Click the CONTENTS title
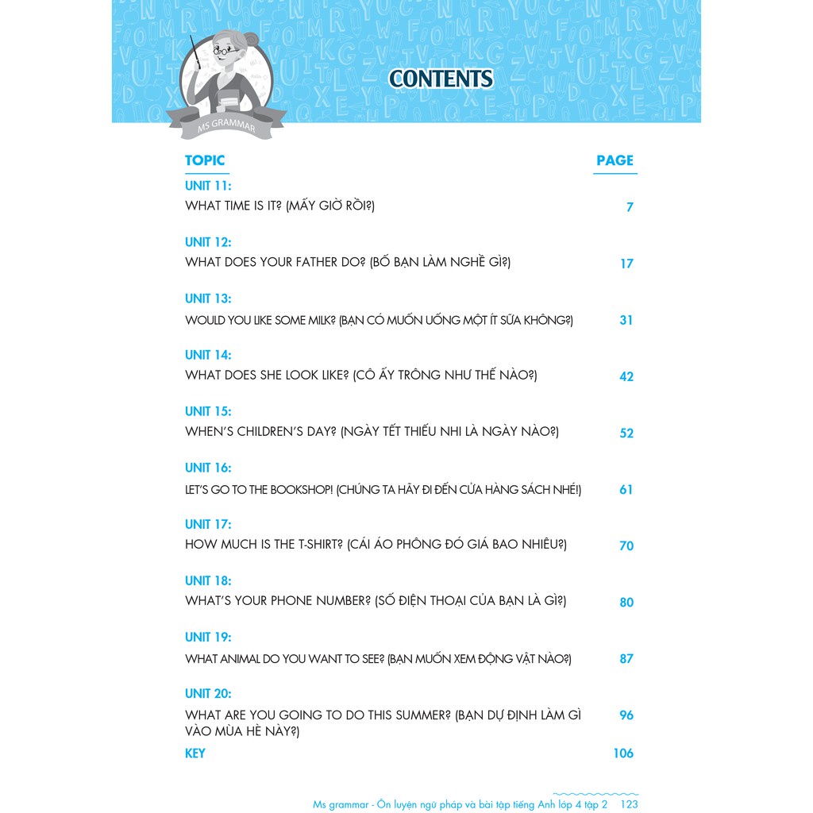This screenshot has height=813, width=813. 441,79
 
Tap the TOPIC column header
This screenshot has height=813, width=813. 205,160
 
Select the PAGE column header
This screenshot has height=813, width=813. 615,160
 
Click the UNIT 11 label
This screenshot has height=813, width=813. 208,186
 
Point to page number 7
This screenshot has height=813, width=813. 630,207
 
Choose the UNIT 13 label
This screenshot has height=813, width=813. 208,299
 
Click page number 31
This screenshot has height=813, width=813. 626,320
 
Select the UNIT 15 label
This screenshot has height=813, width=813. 208,411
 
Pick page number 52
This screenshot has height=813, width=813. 626,433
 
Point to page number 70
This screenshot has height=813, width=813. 626,545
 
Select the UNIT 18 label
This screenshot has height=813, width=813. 208,580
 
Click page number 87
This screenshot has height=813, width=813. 626,658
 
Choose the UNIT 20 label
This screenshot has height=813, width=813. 208,693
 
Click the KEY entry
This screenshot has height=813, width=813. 195,753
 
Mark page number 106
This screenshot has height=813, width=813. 623,753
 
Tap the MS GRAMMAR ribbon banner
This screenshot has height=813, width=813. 225,121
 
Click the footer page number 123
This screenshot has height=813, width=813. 630,804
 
